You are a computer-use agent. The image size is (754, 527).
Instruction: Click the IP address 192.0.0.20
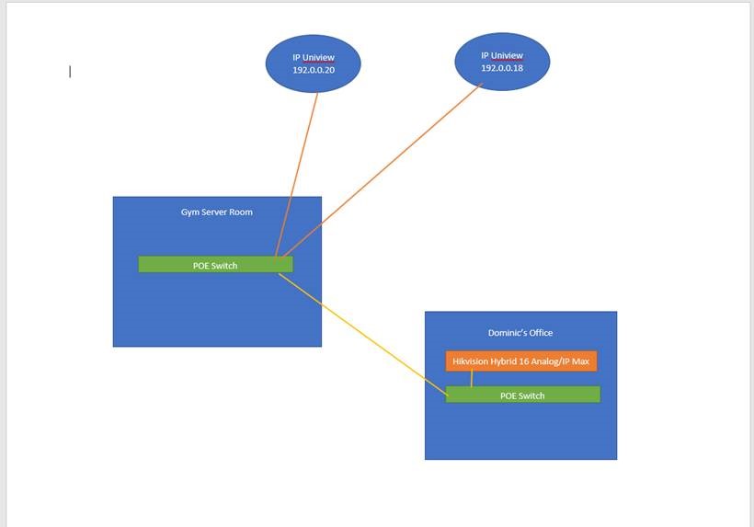(x=314, y=70)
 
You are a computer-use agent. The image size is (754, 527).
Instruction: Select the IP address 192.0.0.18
(x=501, y=67)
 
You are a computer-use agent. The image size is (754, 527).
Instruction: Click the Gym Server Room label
(x=217, y=212)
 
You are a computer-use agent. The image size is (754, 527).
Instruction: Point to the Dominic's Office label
(x=520, y=333)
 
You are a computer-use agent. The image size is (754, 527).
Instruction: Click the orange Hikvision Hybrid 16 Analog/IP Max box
(x=521, y=361)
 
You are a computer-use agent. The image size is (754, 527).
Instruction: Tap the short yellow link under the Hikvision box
(x=472, y=379)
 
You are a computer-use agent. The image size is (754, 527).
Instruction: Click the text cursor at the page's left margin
(x=70, y=72)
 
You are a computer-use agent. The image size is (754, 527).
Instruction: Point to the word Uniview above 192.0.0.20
(x=319, y=57)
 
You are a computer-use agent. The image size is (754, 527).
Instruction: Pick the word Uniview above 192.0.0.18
(x=507, y=55)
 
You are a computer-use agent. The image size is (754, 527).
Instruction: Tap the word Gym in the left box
(x=189, y=212)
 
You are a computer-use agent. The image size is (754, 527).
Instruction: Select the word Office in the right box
(x=541, y=333)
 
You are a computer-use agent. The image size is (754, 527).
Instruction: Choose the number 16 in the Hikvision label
(x=524, y=361)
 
